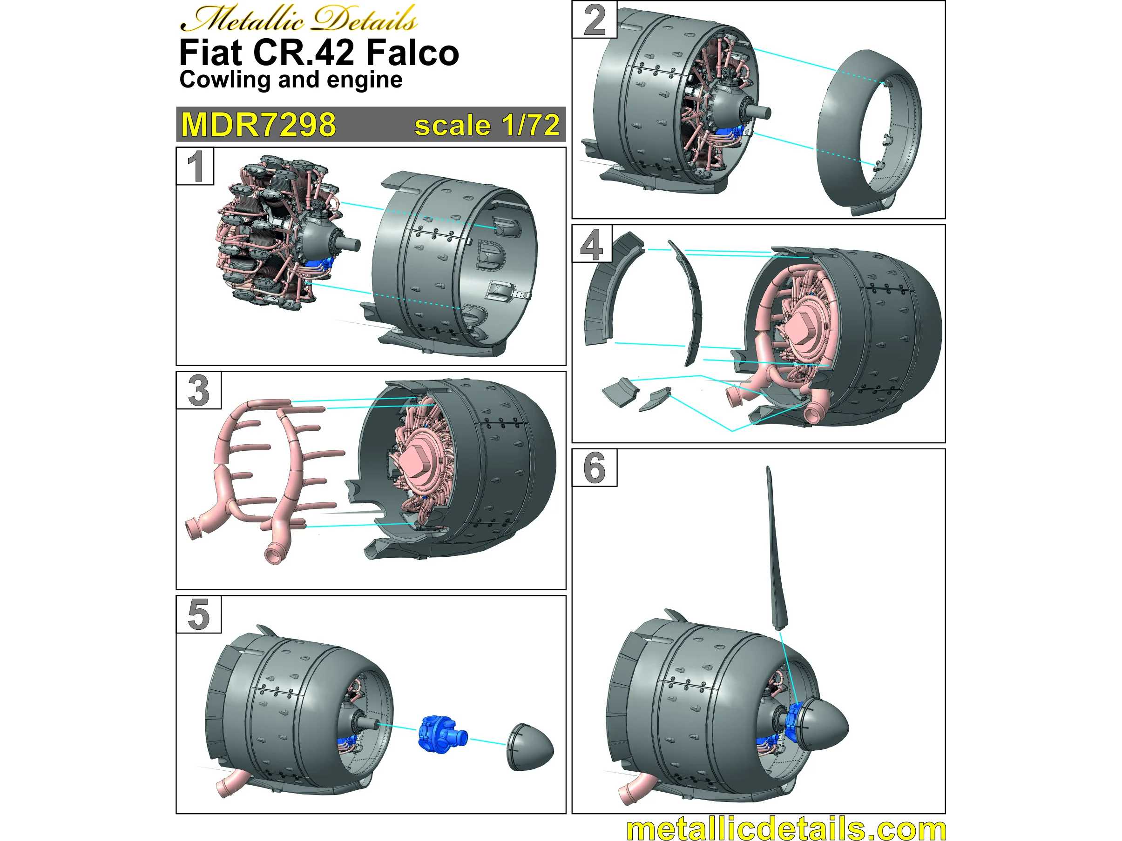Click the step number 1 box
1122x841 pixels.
pos(195,166)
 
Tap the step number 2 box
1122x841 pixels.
pos(595,20)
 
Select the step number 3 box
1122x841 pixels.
pos(199,390)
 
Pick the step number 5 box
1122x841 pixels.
pos(199,614)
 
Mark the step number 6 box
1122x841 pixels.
pos(595,468)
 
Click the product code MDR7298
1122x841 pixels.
pos(259,124)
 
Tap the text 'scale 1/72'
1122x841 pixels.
pos(487,125)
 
